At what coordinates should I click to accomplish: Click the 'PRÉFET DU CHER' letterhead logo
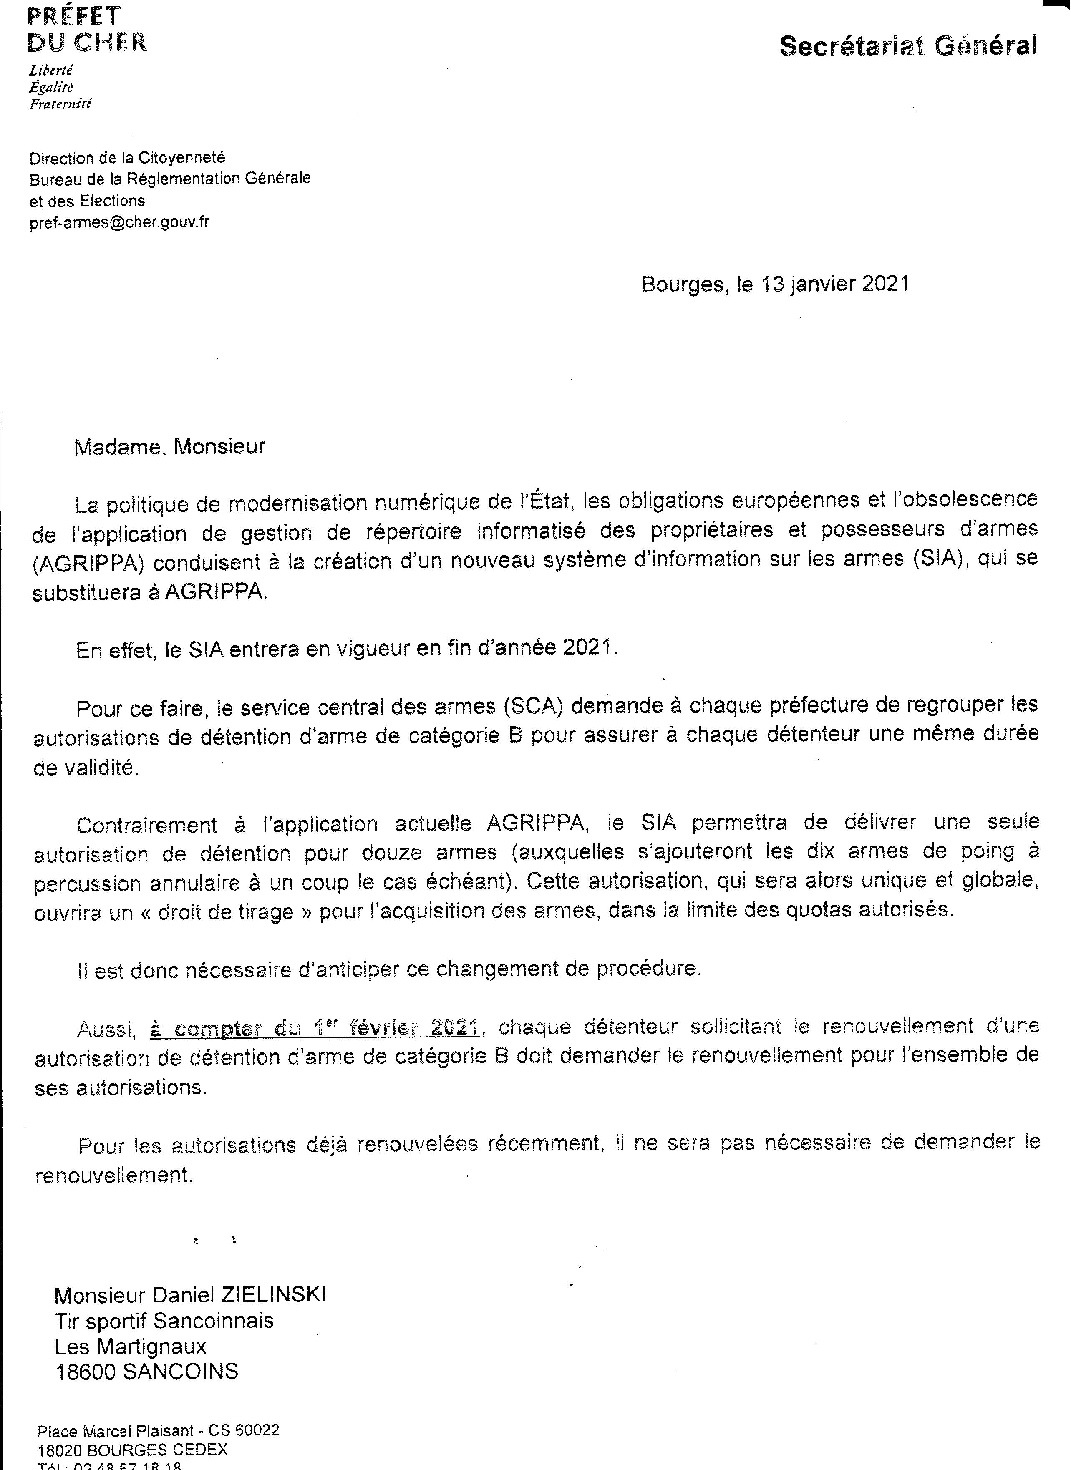tap(87, 29)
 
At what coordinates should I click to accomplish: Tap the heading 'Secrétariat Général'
tap(907, 46)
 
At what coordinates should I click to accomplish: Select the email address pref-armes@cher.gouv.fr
tap(119, 223)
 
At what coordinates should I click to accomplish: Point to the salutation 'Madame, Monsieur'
tap(170, 447)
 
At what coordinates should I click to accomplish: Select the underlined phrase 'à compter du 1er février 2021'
tap(315, 1028)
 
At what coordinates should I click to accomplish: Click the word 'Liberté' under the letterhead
tap(50, 70)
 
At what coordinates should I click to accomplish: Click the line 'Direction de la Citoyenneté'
tap(127, 158)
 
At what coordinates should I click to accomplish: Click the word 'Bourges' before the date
tap(682, 284)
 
